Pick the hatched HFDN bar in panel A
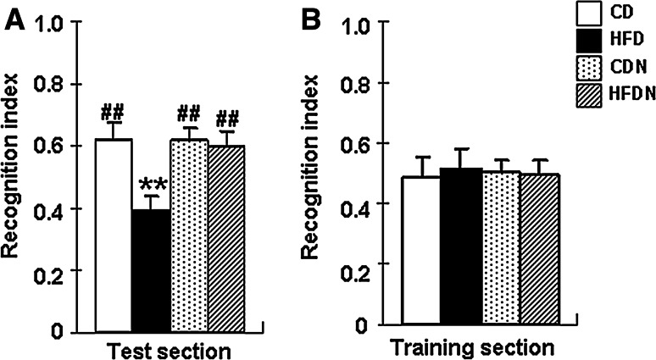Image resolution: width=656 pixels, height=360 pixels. click(226, 238)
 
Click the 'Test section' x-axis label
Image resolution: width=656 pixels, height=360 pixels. click(170, 348)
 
